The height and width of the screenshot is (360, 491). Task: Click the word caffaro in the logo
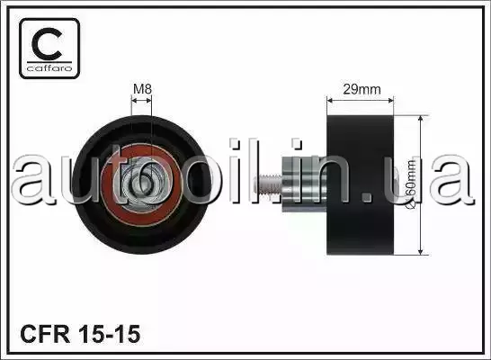pos(49,68)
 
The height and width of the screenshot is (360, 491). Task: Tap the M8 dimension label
pos(142,89)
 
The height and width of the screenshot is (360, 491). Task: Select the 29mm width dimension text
pos(362,90)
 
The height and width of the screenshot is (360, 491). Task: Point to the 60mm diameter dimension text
pos(412,184)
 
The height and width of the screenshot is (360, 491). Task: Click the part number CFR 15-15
pos(80,334)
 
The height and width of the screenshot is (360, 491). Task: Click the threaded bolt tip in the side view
pos(268,186)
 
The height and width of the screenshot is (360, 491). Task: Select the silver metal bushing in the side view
pos(304,184)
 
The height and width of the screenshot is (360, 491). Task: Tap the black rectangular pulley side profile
pos(360,184)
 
